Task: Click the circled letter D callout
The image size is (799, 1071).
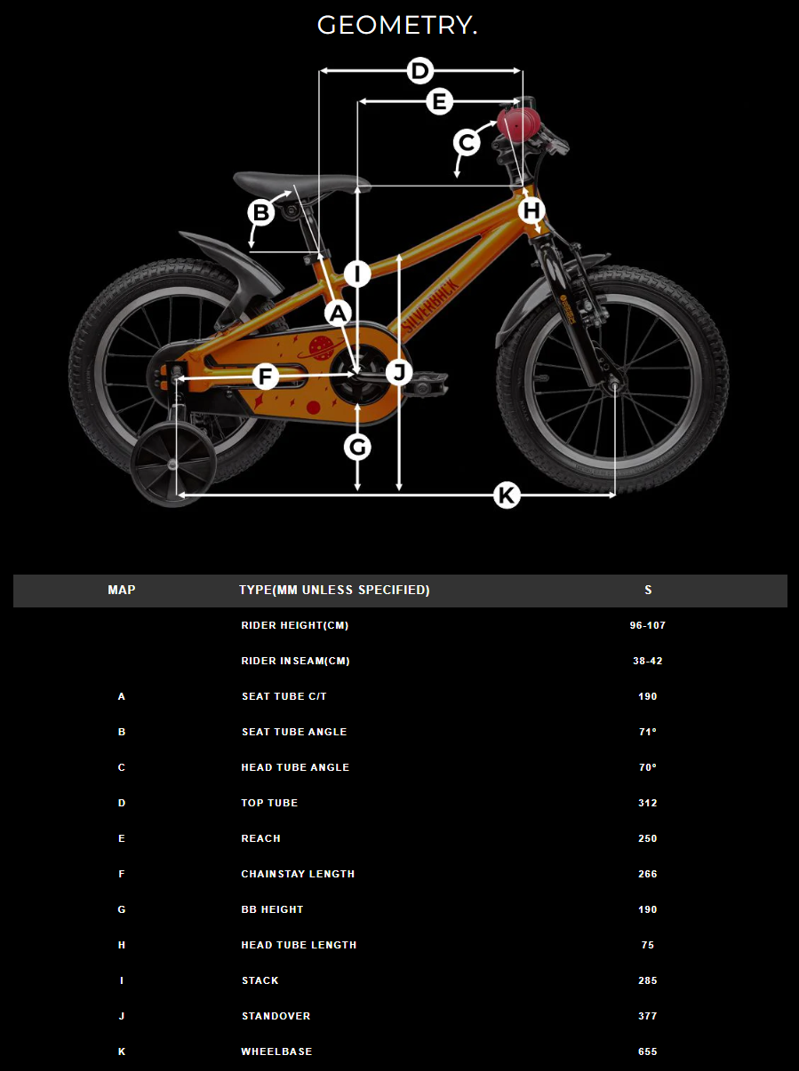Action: [x=419, y=71]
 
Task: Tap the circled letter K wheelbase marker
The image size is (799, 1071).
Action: [x=507, y=496]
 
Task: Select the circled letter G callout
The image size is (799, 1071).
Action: [x=357, y=447]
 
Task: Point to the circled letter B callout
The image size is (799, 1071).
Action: [x=260, y=213]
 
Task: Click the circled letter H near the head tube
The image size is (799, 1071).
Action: [x=531, y=210]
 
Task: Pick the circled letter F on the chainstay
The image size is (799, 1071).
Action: [x=266, y=377]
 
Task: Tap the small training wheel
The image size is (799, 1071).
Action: [x=173, y=464]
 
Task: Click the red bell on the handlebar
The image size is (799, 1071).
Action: [x=518, y=122]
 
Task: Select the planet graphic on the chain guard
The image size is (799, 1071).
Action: [x=320, y=348]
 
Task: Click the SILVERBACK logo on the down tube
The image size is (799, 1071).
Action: [x=430, y=307]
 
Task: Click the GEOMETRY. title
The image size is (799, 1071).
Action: [x=396, y=26]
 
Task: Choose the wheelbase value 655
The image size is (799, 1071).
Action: [x=647, y=1051]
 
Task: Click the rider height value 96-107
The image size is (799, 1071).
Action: [x=647, y=625]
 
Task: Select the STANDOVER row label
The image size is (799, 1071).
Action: [x=276, y=1016]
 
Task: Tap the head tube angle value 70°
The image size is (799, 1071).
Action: [x=647, y=767]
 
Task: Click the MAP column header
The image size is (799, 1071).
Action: [x=122, y=590]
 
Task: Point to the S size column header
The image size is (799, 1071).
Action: [x=648, y=590]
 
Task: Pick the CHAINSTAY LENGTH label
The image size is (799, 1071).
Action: [x=298, y=874]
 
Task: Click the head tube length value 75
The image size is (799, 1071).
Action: [x=647, y=945]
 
